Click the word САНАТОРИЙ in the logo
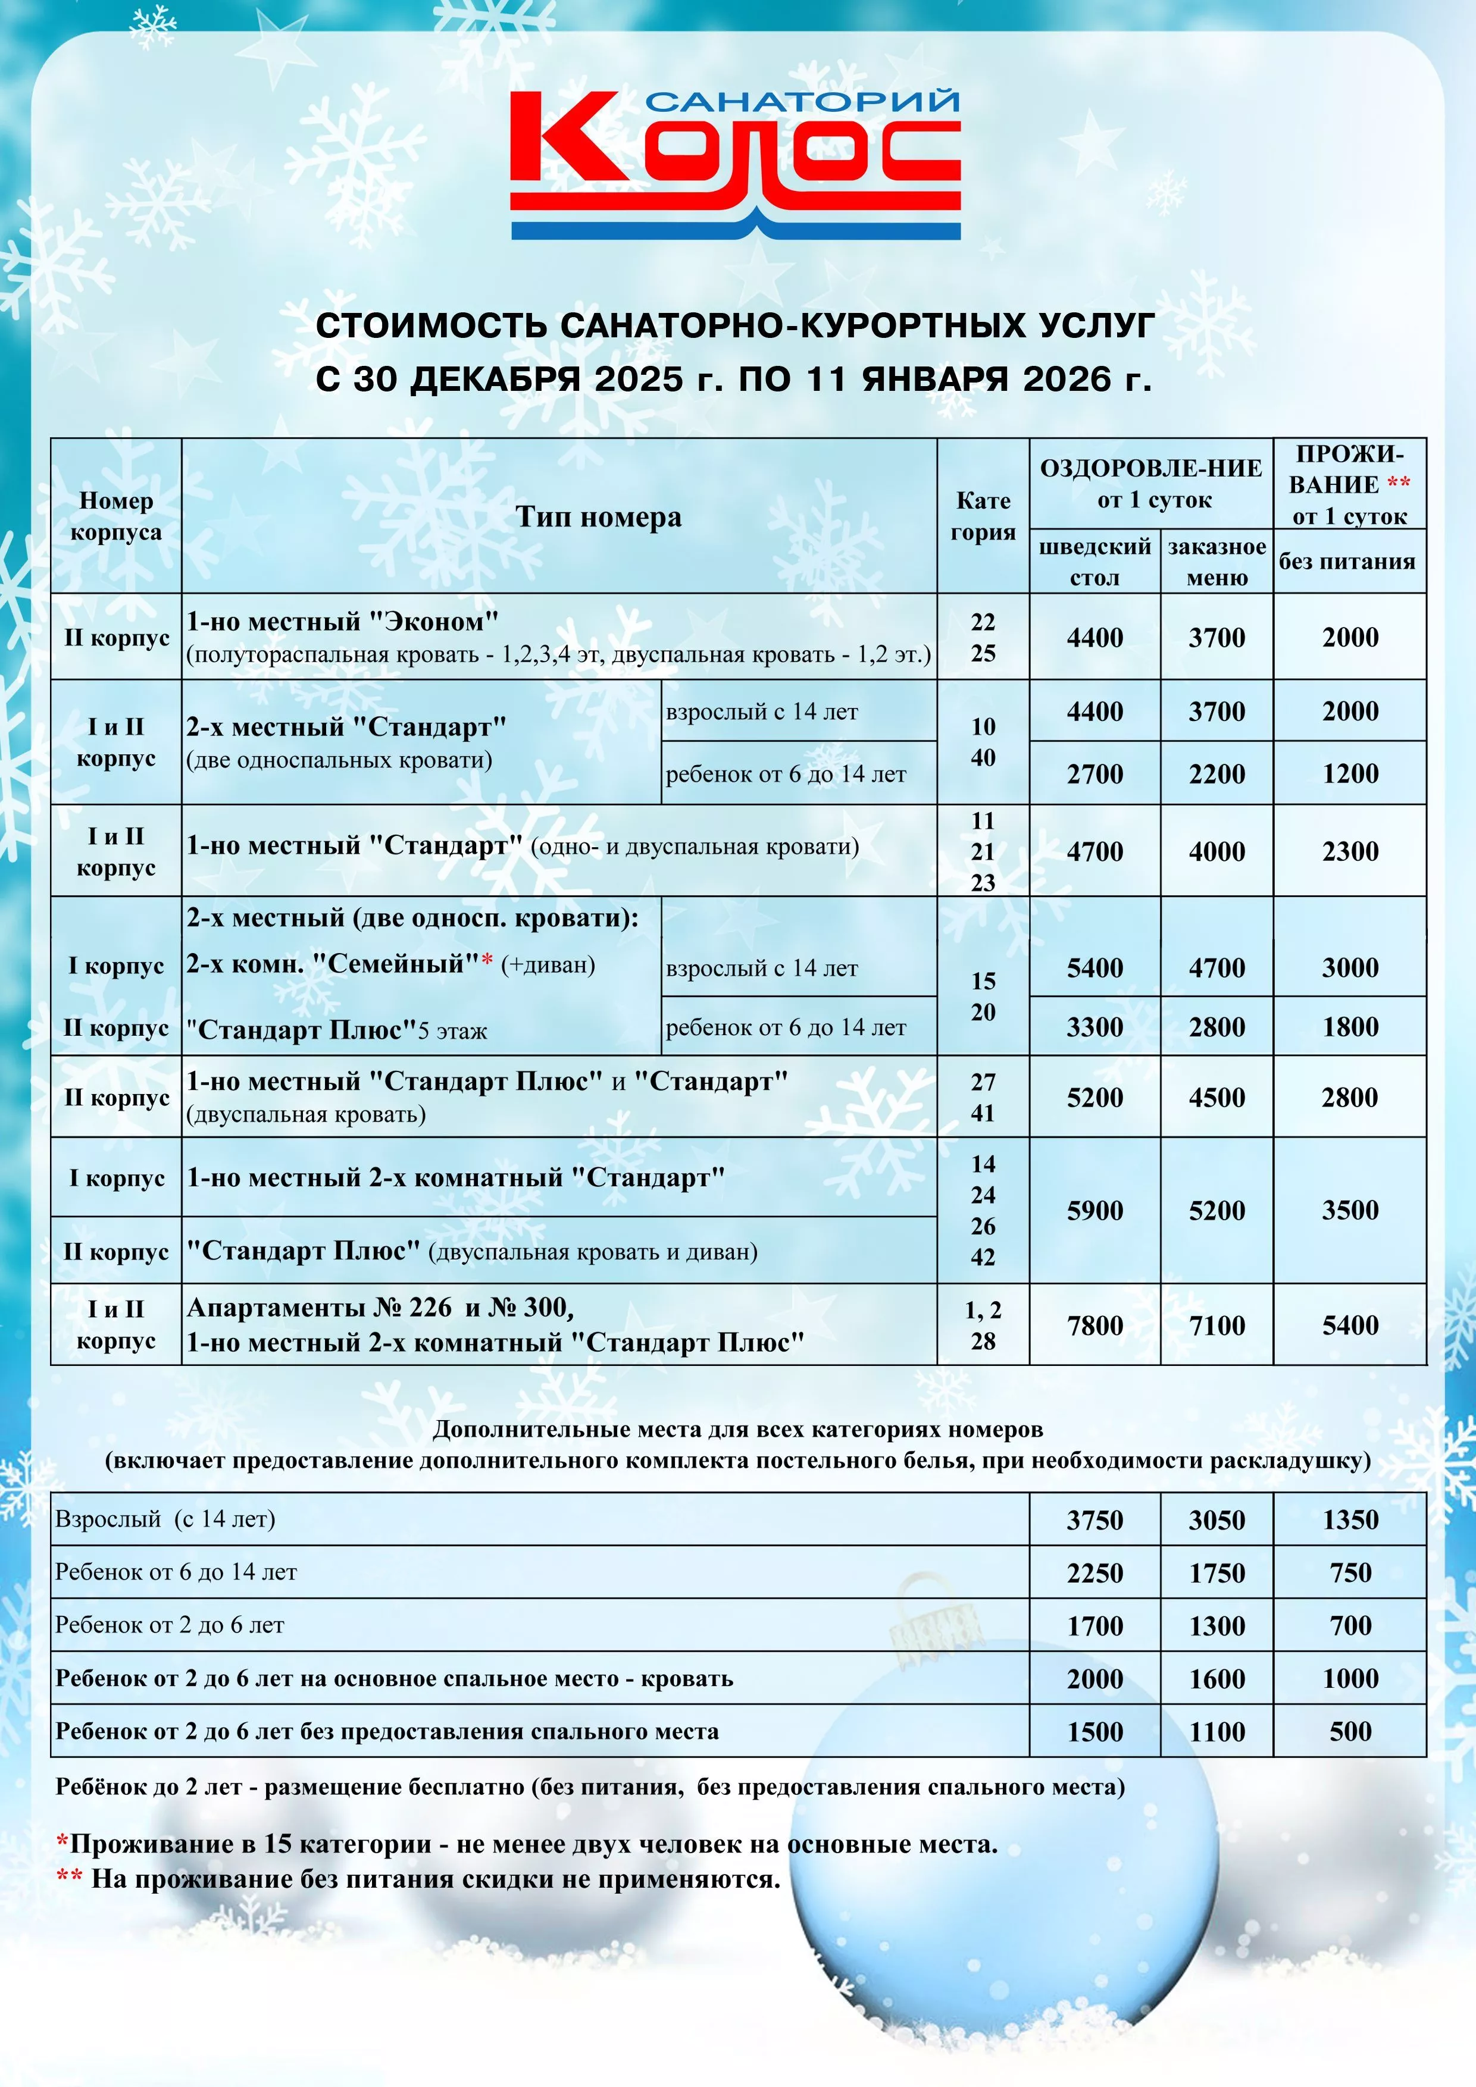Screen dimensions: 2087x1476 pos(802,101)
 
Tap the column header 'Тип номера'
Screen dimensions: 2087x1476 pos(598,516)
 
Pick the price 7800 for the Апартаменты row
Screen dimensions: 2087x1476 pos(1095,1325)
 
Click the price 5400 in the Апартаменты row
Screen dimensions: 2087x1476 pos(1350,1325)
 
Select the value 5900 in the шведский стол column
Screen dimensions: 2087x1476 pos(1095,1210)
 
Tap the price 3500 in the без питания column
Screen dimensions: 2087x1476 pos(1350,1210)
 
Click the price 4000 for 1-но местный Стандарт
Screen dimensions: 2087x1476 pos(1217,852)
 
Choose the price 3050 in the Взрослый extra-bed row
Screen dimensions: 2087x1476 pos(1217,1520)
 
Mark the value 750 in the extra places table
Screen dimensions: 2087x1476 pos(1350,1572)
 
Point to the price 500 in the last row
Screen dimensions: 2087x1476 pos(1350,1732)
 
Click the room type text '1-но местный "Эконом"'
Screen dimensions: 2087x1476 pos(343,622)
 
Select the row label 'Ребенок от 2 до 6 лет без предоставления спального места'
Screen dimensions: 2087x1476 pos(386,1732)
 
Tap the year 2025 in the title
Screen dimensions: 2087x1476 pos(639,379)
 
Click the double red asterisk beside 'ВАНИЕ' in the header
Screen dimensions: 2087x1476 pos(1399,482)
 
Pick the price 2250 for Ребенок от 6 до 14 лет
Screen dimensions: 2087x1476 pos(1095,1572)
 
